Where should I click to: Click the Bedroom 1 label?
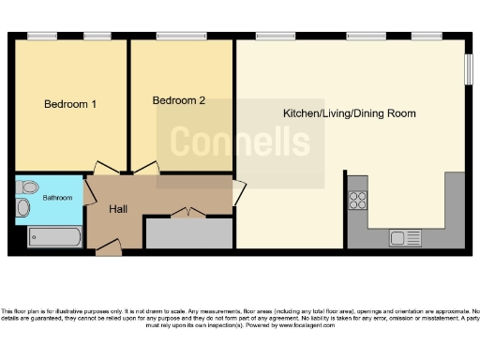70,104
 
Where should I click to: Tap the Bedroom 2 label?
178,100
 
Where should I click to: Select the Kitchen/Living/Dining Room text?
350,113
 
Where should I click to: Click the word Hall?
118,208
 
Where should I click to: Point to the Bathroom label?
58,198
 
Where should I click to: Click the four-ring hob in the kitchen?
358,199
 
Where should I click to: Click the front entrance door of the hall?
108,247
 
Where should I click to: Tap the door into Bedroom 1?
107,169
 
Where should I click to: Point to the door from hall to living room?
239,192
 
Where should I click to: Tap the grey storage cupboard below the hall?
189,233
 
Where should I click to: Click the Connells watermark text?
239,143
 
